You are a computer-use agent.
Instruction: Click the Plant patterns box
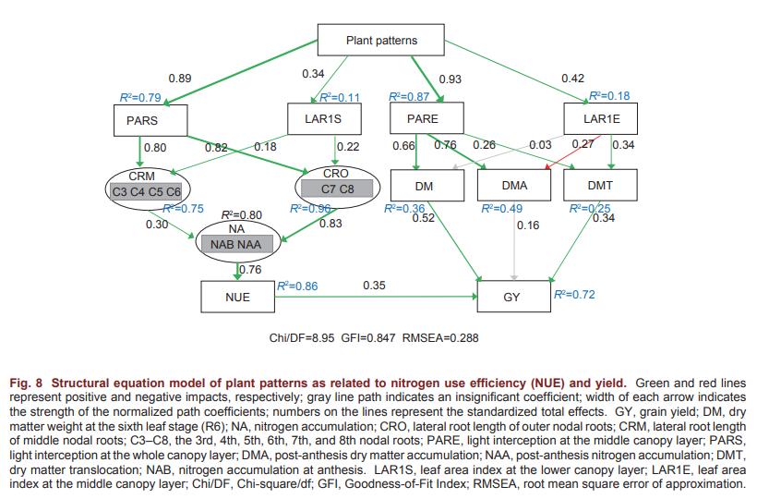tap(381, 40)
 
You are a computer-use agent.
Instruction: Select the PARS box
tap(150, 119)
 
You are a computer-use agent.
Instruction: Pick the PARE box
tap(422, 119)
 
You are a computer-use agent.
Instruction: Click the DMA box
tap(514, 186)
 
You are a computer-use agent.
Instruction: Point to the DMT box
tap(602, 186)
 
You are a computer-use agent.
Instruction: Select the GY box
tap(514, 296)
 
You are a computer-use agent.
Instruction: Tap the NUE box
tap(237, 296)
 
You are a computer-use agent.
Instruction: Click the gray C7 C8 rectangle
tap(335, 189)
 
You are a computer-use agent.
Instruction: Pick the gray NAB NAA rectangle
tap(237, 244)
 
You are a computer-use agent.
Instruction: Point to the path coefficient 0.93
tap(451, 79)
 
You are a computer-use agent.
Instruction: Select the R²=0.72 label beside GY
tap(574, 295)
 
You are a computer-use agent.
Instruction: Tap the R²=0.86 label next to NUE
tap(296, 286)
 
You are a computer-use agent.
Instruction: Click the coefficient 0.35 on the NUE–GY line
tap(373, 285)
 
